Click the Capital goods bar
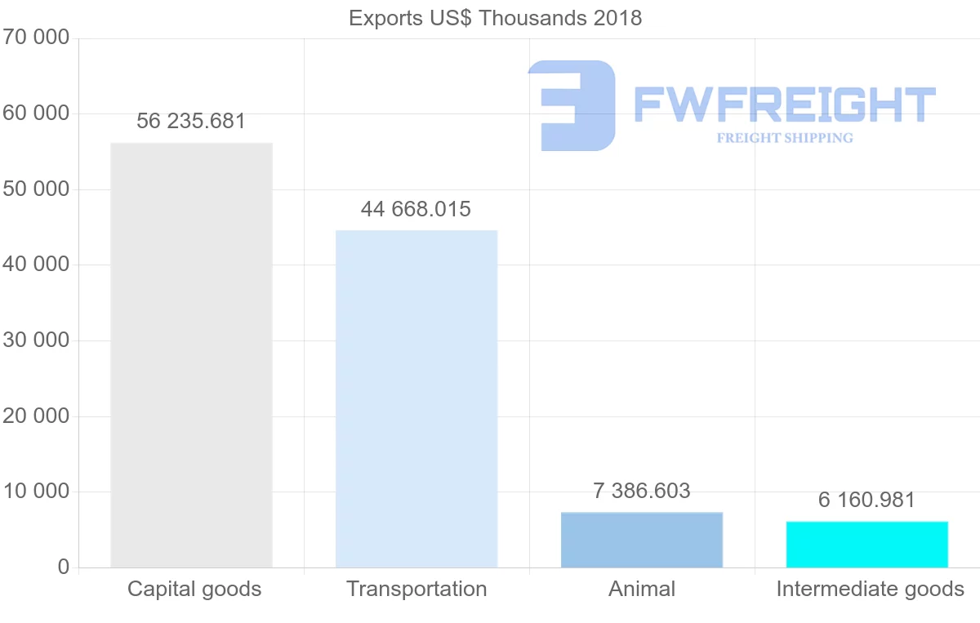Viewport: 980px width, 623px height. pyautogui.click(x=191, y=355)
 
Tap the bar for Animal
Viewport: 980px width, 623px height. pyautogui.click(x=642, y=540)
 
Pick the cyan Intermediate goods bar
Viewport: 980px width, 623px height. pyautogui.click(x=867, y=545)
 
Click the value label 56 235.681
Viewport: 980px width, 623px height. pyautogui.click(x=191, y=122)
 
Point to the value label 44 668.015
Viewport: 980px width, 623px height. pyautogui.click(x=416, y=209)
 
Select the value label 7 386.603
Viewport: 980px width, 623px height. pyautogui.click(x=642, y=492)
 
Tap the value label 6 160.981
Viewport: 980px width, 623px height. pyautogui.click(x=867, y=500)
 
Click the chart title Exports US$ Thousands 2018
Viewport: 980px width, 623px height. pyautogui.click(x=495, y=18)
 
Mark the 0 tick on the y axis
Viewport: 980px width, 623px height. pyautogui.click(x=64, y=567)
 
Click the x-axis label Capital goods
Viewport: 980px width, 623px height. pyautogui.click(x=194, y=589)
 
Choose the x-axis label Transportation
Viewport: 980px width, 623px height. pyautogui.click(x=416, y=589)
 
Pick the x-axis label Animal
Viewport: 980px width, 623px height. pyautogui.click(x=642, y=589)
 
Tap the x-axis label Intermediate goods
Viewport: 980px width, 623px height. pyautogui.click(x=871, y=589)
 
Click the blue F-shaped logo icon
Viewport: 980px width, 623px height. pyautogui.click(x=572, y=105)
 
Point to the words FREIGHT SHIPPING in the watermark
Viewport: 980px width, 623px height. pyautogui.click(x=785, y=138)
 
